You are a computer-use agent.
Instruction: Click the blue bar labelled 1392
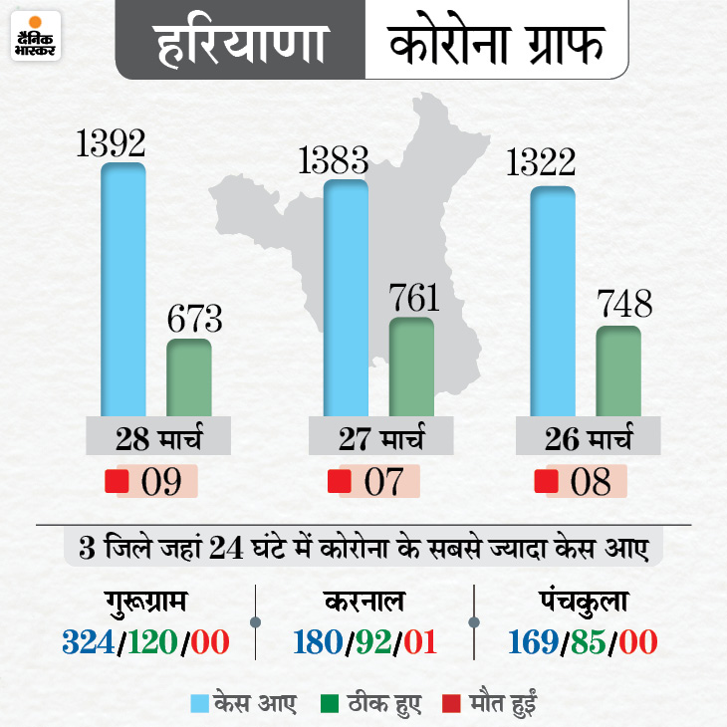tap(123, 289)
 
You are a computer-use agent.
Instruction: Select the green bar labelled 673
tap(188, 376)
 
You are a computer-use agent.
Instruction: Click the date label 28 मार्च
tap(158, 438)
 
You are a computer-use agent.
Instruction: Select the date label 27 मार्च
tap(380, 438)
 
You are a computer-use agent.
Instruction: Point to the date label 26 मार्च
tap(589, 438)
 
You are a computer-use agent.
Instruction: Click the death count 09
tap(161, 483)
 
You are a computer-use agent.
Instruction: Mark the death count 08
tap(591, 483)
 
